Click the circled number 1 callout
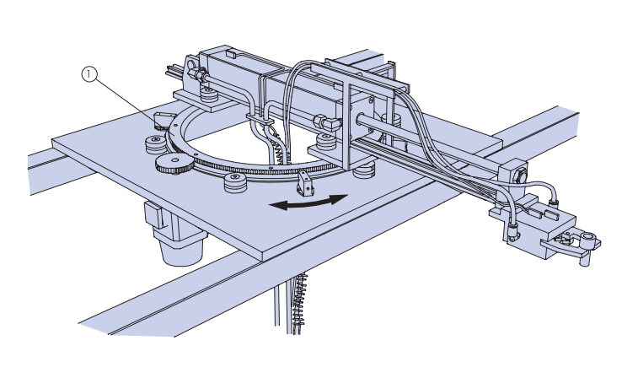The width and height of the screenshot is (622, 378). point(89,74)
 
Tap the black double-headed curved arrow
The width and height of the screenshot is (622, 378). point(308,202)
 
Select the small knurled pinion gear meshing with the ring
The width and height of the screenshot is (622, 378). point(174,163)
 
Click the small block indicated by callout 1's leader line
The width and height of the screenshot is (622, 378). point(163,121)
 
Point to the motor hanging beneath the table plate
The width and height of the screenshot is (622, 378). point(176,234)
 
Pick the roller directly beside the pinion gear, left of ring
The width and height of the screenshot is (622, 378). point(155,144)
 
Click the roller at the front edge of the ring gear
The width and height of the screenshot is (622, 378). point(235,182)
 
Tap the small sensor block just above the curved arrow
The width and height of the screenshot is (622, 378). point(304,184)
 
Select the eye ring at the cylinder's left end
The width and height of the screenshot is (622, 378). point(190,65)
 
